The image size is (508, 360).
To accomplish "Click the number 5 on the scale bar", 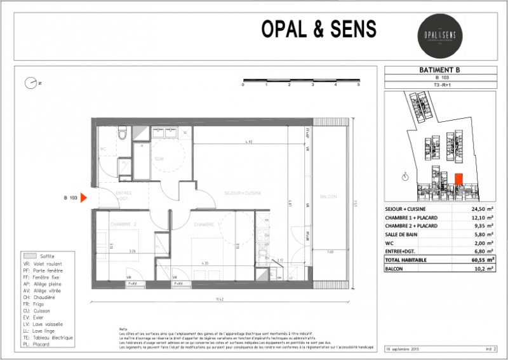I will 359,84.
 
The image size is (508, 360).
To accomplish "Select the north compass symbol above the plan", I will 30,83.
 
